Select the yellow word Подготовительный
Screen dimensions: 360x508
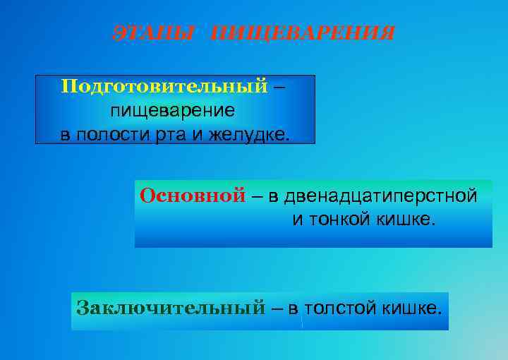click(x=164, y=86)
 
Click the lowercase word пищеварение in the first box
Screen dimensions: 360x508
click(x=173, y=111)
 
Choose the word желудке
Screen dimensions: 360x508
click(x=249, y=134)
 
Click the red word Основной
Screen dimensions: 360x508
click(x=193, y=196)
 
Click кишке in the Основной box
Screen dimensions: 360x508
click(x=409, y=220)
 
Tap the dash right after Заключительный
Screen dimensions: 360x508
click(x=277, y=308)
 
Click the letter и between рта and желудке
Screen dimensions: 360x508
click(x=200, y=134)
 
